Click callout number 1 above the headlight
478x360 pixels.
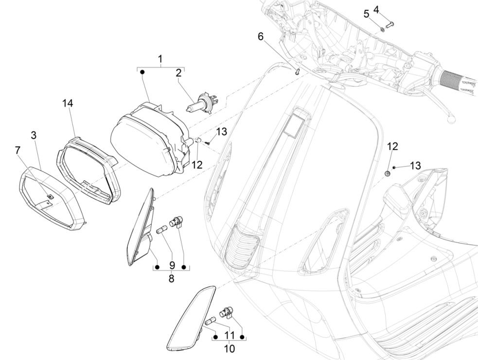tap(160, 59)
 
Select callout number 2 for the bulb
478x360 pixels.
tap(178, 73)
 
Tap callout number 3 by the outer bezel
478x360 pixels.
tap(34, 135)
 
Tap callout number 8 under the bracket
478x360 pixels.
tap(171, 279)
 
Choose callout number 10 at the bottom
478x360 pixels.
tap(229, 348)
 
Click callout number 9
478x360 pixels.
tap(171, 266)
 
